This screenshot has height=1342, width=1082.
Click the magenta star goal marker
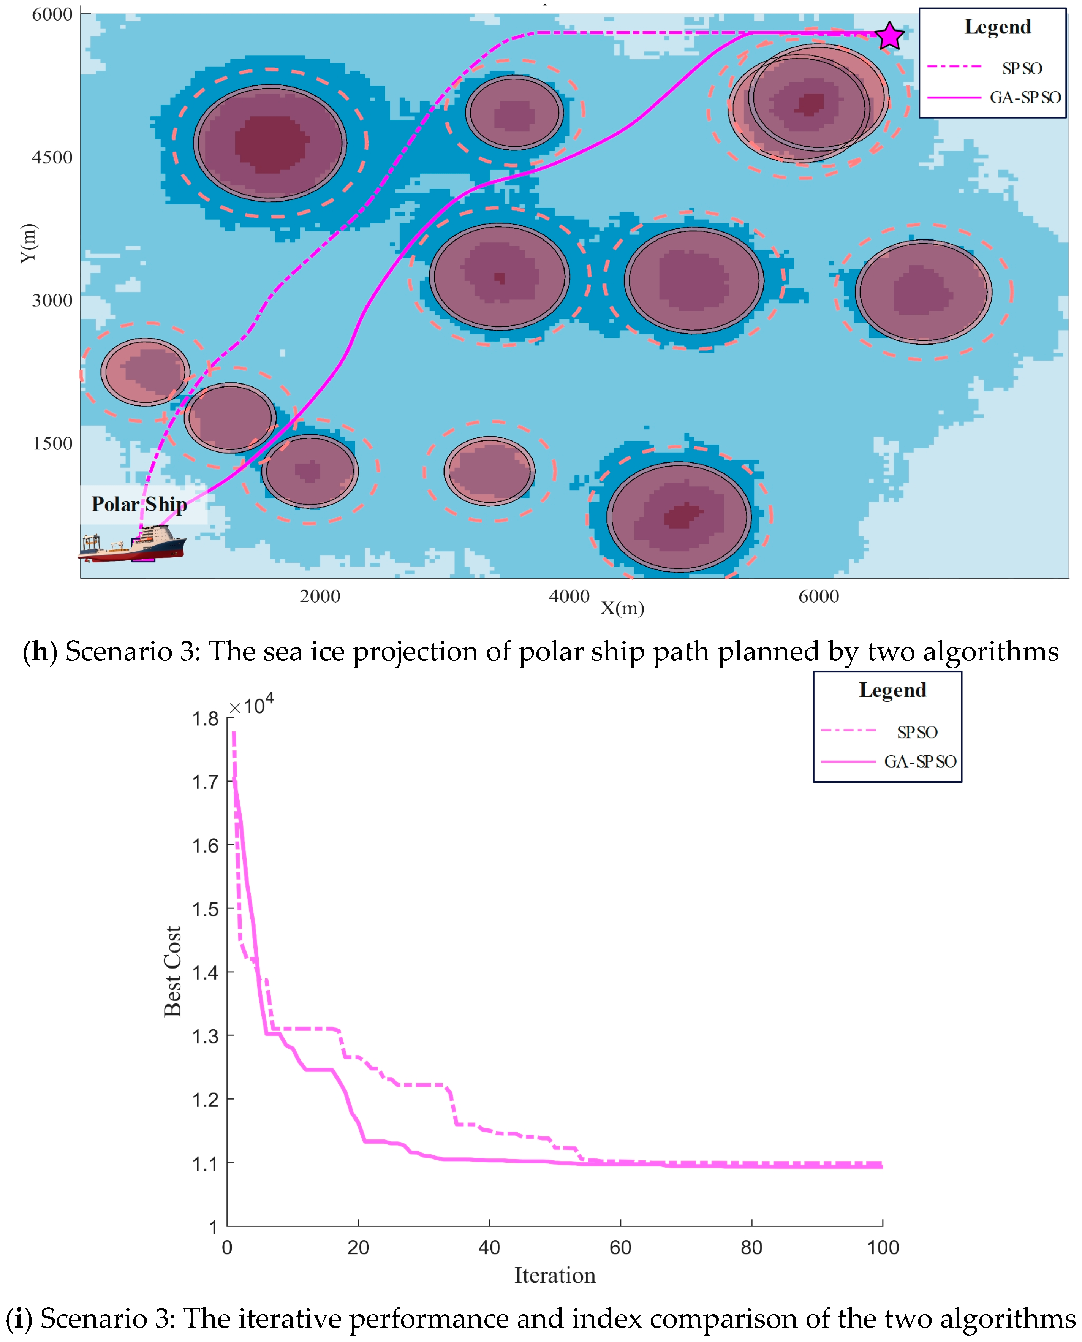889,36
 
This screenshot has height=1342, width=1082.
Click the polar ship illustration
132,544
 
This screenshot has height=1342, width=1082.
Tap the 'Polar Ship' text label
139,504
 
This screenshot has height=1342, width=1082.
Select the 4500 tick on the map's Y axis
52,157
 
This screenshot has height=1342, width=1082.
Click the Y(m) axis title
28,243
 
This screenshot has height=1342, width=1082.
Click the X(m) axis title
622,608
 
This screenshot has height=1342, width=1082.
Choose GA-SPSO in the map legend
1025,97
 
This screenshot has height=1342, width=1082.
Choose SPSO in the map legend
1022,68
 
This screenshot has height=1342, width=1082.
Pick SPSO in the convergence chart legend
917,733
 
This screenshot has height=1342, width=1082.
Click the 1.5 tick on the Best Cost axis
205,909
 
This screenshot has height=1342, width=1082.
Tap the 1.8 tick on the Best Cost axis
205,718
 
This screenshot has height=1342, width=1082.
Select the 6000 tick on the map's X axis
818,597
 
